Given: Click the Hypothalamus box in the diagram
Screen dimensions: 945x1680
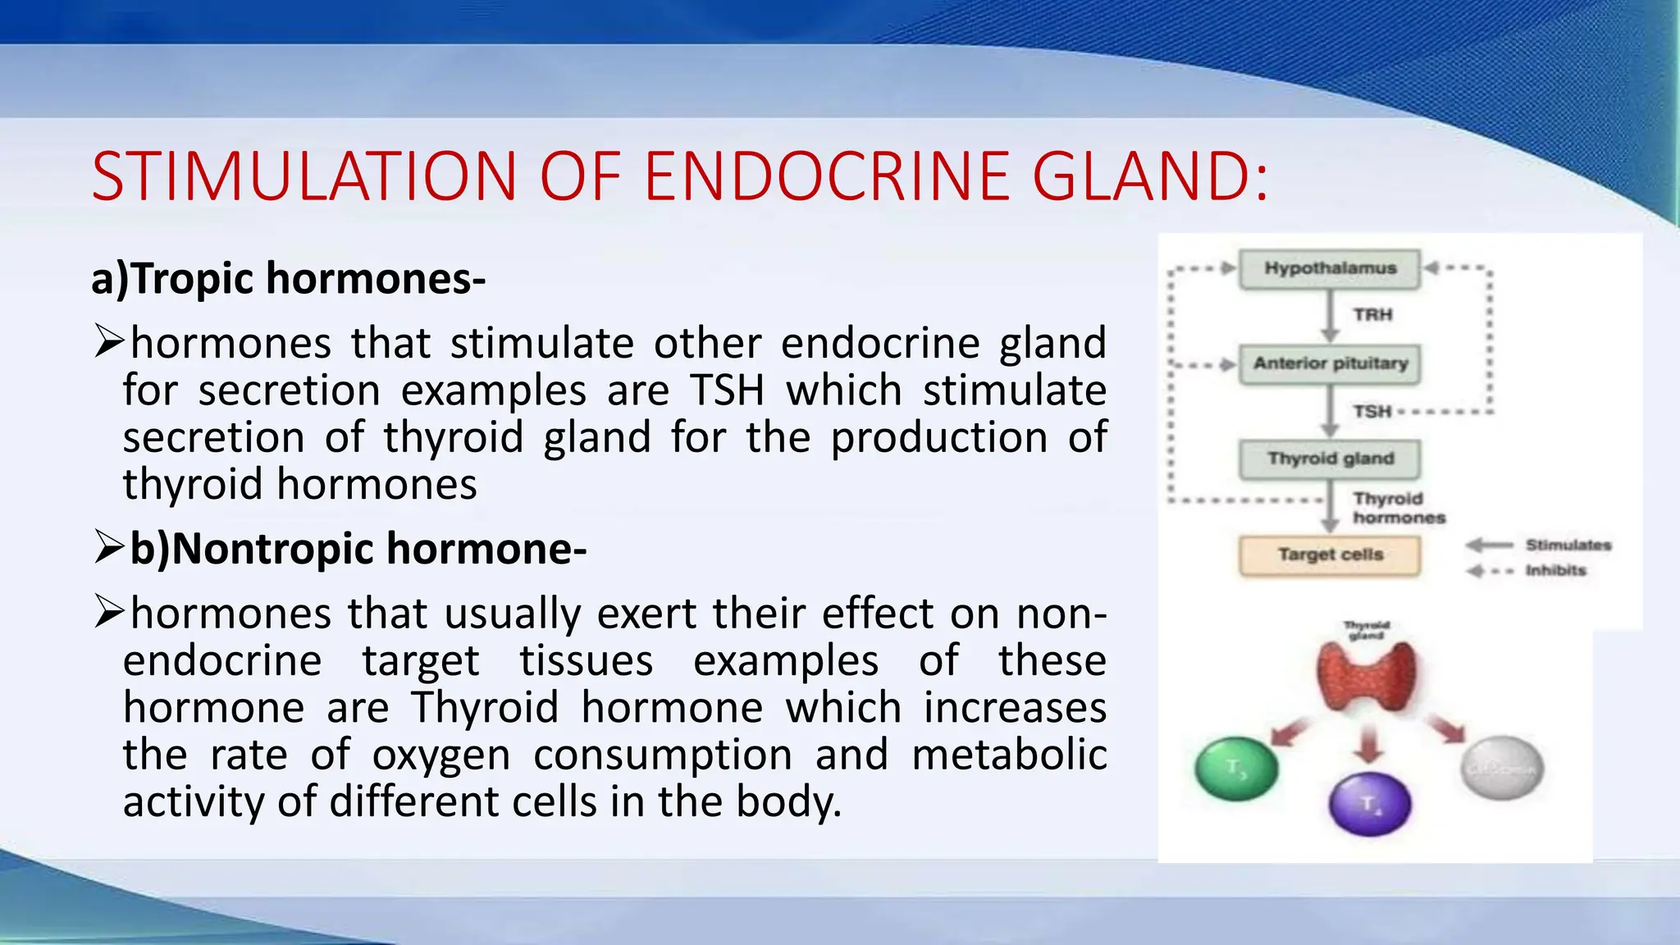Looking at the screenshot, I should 1330,269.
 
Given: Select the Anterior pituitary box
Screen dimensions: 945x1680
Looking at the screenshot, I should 1330,363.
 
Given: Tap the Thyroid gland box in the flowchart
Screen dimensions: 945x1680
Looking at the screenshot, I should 1330,459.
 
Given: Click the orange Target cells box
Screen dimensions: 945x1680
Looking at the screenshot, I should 1330,555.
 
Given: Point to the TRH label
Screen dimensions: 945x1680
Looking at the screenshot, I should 1372,315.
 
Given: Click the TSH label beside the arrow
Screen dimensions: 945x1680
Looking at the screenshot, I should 1372,411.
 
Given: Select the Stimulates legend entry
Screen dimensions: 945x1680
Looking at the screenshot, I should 1568,546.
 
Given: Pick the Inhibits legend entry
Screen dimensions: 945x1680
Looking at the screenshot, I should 1555,571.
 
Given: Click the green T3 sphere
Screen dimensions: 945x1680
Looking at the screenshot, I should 1236,769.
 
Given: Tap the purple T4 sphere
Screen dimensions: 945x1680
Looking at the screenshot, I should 1370,805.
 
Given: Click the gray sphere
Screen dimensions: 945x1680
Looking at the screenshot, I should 1502,769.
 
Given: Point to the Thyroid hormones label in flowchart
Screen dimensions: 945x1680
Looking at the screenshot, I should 1398,509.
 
